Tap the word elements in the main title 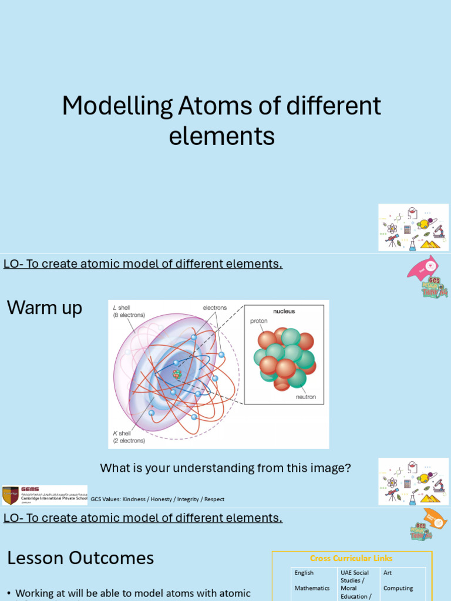point(222,136)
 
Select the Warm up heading point(45,308)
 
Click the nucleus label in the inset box point(284,311)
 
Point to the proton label point(259,321)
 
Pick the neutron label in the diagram point(305,397)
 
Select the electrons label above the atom point(215,308)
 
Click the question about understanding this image point(225,468)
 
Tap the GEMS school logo point(45,495)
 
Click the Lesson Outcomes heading point(80,558)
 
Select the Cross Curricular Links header point(351,558)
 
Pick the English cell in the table point(304,573)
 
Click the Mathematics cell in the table point(312,588)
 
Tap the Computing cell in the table point(398,588)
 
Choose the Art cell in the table point(388,573)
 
